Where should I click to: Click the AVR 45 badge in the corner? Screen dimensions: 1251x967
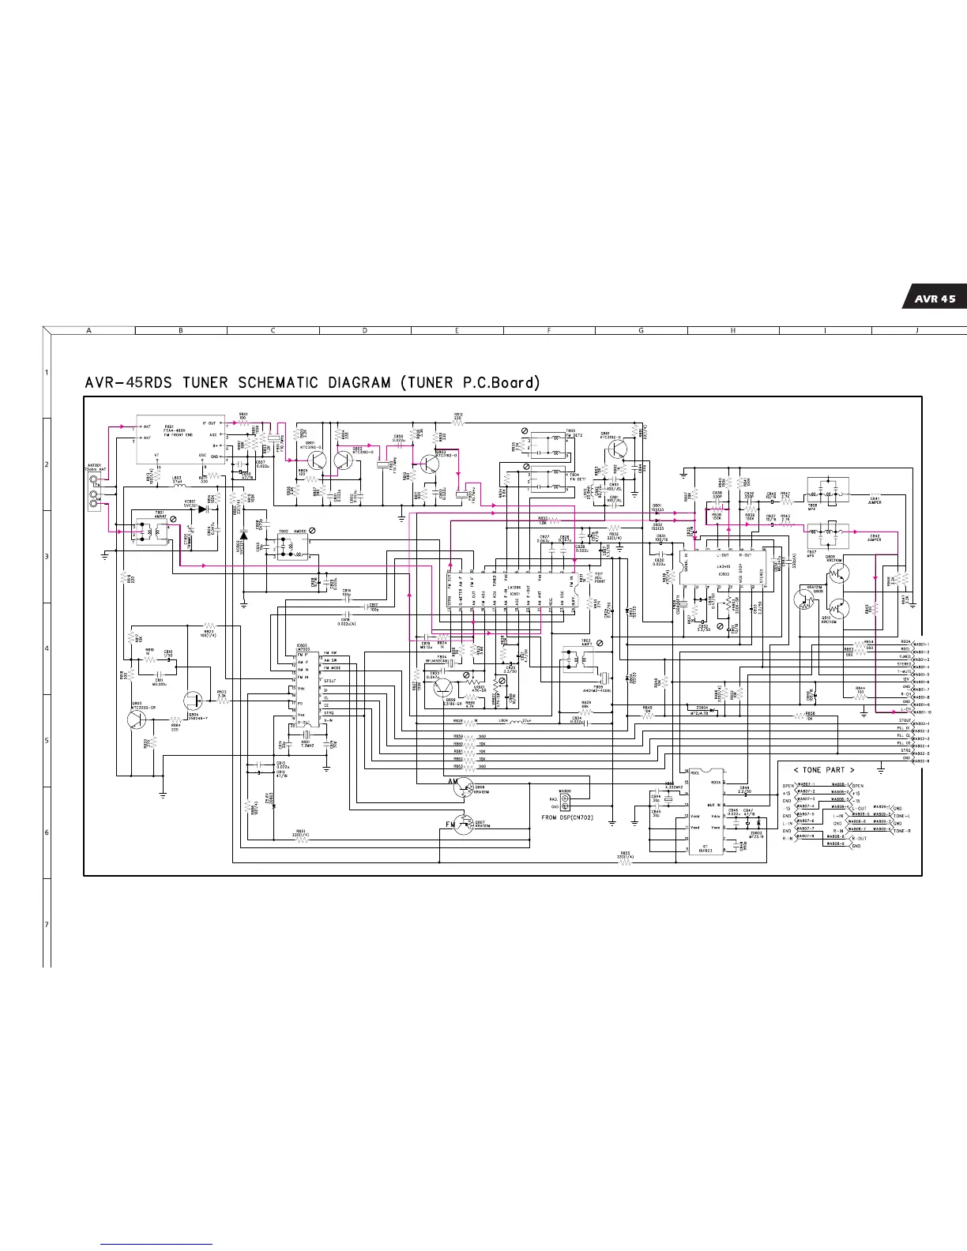(x=935, y=299)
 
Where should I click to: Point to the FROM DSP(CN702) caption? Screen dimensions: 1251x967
(x=572, y=817)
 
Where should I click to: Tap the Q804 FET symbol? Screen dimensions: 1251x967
(x=194, y=701)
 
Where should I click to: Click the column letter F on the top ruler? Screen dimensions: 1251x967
(x=549, y=330)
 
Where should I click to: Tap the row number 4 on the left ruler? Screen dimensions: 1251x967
(x=47, y=648)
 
